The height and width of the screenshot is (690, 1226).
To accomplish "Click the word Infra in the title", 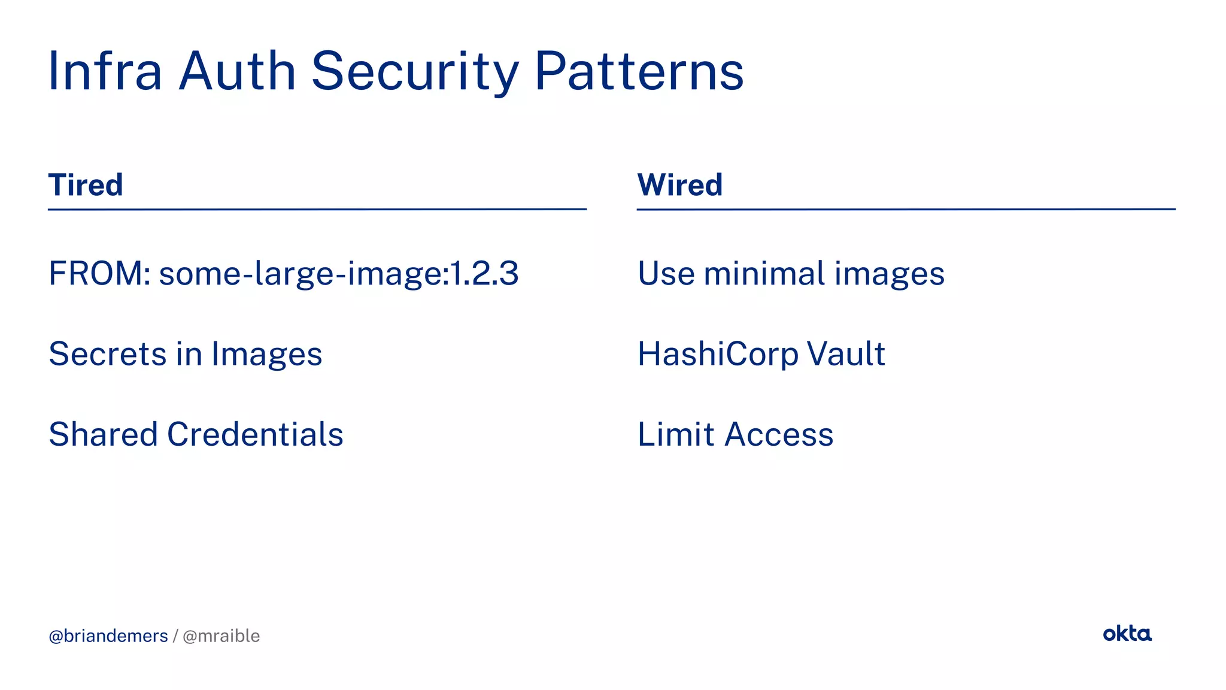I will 105,71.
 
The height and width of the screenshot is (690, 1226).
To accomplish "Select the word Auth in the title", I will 238,71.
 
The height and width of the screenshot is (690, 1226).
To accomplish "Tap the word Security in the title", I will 415,71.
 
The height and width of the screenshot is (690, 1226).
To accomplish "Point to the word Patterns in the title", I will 639,71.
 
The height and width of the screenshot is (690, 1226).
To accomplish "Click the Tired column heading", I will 86,184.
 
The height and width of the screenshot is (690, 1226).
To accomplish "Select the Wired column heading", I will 679,184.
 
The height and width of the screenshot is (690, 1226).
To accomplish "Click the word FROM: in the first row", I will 99,273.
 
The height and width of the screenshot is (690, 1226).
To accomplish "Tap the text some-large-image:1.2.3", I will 339,274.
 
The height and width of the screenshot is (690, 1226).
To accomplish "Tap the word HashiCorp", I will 718,355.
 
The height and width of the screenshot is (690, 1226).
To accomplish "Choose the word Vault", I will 846,353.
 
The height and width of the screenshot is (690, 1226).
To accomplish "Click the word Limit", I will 676,434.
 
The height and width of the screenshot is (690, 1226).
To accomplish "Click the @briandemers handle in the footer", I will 108,635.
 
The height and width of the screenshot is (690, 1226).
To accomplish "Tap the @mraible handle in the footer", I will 221,635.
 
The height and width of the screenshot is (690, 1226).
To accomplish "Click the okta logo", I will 1127,633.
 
